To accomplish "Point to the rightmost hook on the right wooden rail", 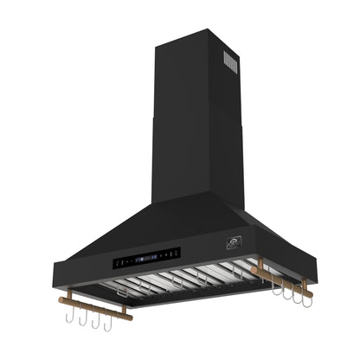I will coord(305,298).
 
